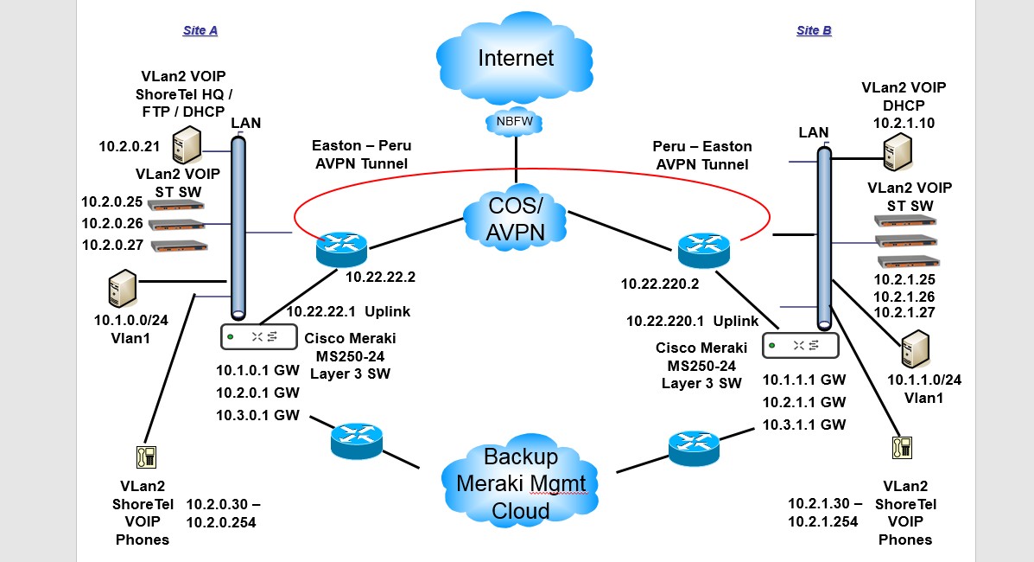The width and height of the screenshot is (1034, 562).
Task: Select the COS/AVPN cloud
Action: tap(516, 220)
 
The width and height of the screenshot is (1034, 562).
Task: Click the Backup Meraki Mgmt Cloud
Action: tap(521, 483)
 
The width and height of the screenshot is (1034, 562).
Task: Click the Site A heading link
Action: tap(200, 30)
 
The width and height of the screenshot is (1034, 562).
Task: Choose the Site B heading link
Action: tap(814, 30)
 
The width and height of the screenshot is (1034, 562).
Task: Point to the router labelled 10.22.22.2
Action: tap(341, 248)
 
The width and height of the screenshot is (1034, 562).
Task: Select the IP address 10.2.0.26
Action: tap(111, 223)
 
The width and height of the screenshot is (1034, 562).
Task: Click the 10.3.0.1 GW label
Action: tap(257, 415)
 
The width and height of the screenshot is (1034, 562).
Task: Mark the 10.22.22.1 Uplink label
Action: tap(348, 311)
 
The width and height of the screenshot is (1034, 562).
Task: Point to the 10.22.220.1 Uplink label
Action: tap(692, 321)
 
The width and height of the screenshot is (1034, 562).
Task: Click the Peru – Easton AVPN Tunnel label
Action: tap(702, 155)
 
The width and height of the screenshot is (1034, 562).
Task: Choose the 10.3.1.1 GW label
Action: tap(803, 425)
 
